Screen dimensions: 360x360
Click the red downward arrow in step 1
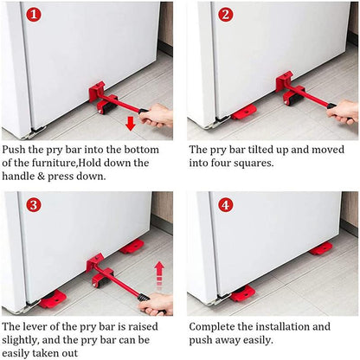[130, 123]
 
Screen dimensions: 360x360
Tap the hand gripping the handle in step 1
[157, 115]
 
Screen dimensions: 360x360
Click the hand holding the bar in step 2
[344, 112]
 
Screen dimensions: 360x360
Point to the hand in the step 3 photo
[157, 303]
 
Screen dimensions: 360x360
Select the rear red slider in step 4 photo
[321, 249]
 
